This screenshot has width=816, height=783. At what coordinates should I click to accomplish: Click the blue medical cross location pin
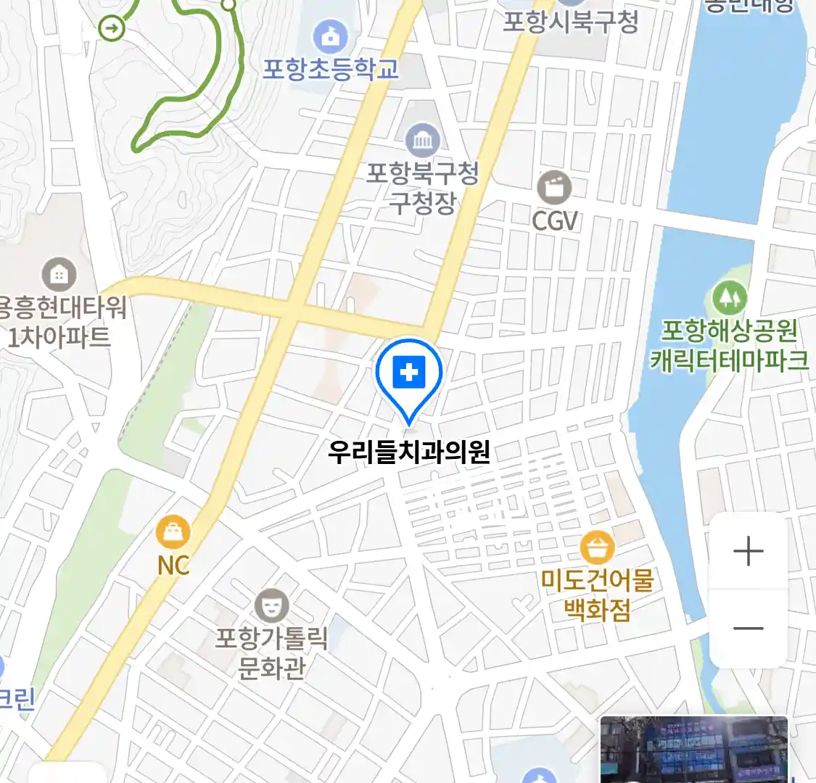409,374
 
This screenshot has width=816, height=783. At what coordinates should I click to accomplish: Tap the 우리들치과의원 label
409,452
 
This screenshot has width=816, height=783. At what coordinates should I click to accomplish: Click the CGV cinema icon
554,188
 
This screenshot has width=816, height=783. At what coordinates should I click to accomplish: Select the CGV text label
555,220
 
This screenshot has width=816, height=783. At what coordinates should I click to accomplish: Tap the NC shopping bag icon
173,534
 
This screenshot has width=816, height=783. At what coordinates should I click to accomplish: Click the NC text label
173,565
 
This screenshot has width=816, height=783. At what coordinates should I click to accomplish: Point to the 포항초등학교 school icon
330,36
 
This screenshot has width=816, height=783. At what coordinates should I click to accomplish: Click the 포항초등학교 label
330,69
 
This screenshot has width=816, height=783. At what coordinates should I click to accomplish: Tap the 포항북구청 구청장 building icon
422,141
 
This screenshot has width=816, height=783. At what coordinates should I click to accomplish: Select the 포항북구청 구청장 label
422,187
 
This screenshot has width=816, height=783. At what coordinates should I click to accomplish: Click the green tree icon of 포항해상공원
729,297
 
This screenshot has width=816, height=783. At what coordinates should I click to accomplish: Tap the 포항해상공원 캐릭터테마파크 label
729,345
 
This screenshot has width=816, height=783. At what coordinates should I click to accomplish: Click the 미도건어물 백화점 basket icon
596,548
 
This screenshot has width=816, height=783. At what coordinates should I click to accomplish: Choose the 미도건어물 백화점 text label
597,594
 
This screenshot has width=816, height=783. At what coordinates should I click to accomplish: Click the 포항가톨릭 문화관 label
271,652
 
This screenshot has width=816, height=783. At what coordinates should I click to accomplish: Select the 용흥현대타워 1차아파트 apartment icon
59,274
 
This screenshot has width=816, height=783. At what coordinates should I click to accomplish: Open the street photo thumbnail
693,750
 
